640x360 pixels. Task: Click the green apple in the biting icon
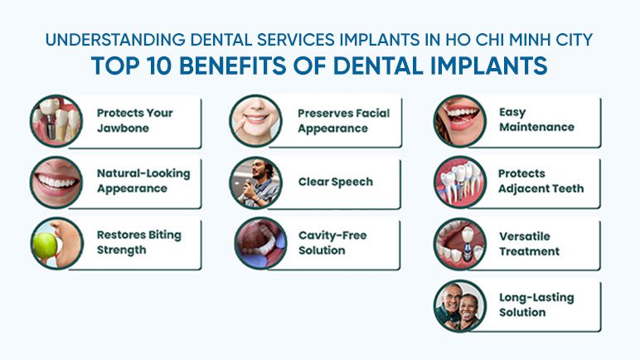point(45,246)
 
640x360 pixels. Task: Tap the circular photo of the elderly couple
point(460,305)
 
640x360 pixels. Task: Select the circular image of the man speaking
point(256,182)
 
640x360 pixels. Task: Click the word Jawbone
point(123,129)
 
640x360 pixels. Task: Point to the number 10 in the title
point(159,66)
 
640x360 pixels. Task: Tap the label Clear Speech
point(336,182)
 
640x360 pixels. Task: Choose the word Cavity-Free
point(332,236)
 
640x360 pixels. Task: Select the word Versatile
point(525,236)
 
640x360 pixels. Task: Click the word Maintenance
point(536,127)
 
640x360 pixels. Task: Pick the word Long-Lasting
point(536,298)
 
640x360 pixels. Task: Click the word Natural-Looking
point(143,173)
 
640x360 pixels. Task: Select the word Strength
point(121,250)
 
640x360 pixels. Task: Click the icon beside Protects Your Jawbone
point(56,121)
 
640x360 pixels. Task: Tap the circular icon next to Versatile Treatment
point(460,244)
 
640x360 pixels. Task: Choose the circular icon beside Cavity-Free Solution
point(261,243)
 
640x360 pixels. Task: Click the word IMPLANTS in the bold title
point(489,66)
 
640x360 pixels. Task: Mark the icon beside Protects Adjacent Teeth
point(460,182)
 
